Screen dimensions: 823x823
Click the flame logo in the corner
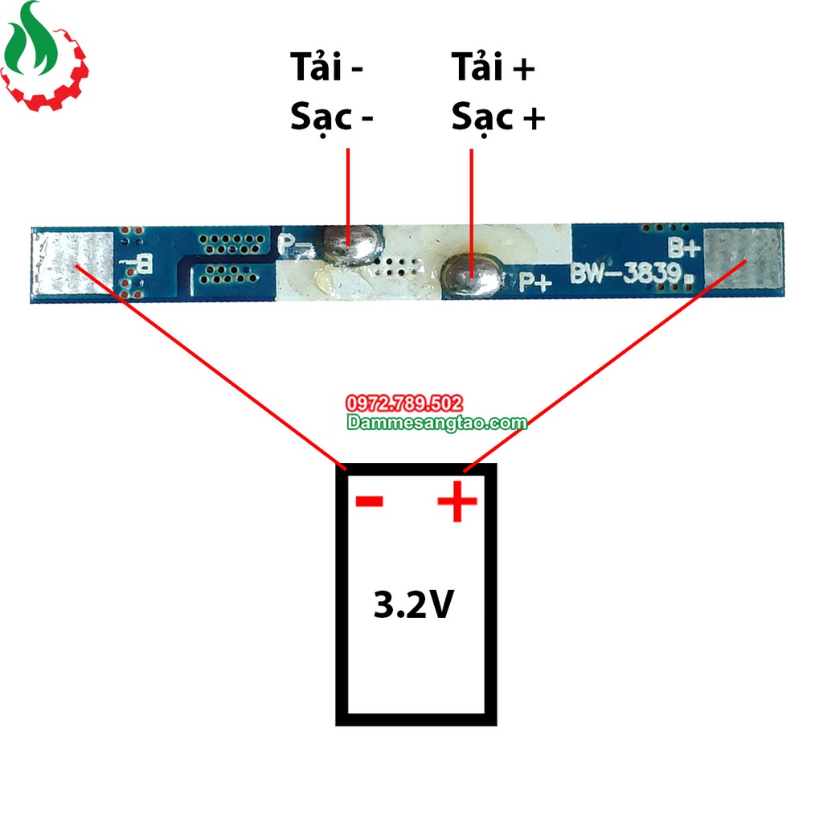coord(44,56)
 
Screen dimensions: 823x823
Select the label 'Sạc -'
coord(332,117)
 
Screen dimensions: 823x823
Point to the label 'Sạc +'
coord(497,117)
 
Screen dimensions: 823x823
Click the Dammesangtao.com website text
coord(436,422)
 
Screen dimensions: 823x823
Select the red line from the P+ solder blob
coord(471,201)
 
